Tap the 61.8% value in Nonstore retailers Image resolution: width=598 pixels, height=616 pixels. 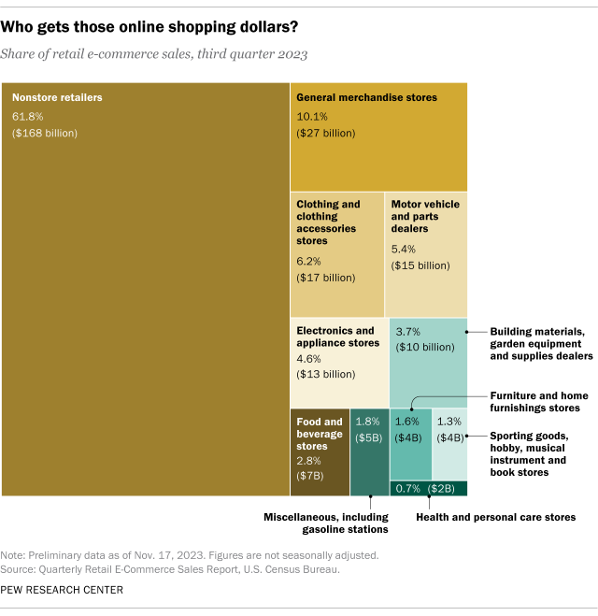(x=28, y=116)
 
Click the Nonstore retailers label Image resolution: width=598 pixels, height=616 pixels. (x=57, y=97)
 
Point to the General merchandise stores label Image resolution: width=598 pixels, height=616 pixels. (x=366, y=97)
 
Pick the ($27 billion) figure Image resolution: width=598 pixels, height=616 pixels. (x=326, y=134)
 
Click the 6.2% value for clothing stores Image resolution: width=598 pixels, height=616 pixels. (x=309, y=260)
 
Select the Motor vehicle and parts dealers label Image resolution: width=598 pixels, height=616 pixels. (x=423, y=216)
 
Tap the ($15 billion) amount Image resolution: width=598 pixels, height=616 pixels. (x=420, y=265)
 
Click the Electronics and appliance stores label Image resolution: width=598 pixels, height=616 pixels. (x=335, y=337)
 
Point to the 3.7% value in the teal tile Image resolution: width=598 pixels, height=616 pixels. (x=408, y=332)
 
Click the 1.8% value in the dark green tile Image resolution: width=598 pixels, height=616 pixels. (x=368, y=421)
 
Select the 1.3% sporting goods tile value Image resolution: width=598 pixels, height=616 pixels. (x=448, y=421)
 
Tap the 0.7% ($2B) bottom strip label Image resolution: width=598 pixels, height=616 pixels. (x=426, y=488)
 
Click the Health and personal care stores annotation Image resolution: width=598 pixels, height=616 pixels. (x=495, y=516)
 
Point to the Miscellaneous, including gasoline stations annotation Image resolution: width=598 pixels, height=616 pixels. (x=325, y=523)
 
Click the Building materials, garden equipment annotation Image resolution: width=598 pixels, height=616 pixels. (x=541, y=343)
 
